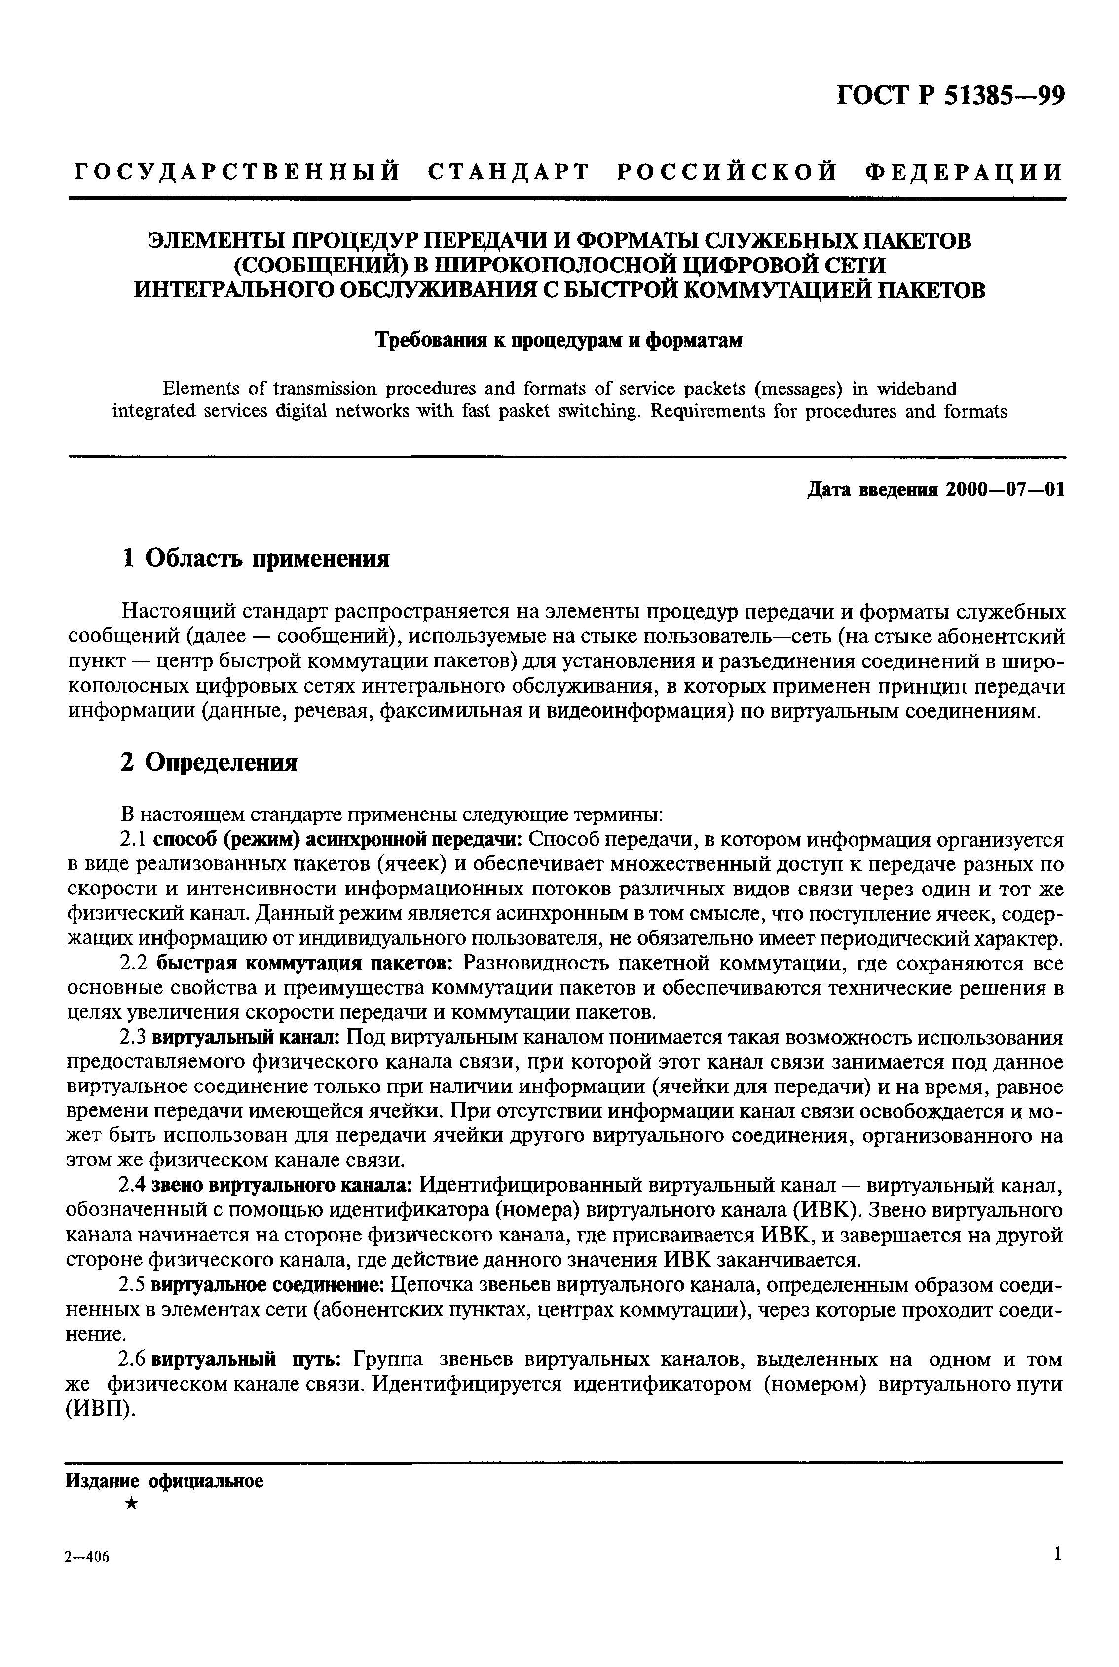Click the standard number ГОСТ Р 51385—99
951,95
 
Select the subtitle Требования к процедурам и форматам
559,341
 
